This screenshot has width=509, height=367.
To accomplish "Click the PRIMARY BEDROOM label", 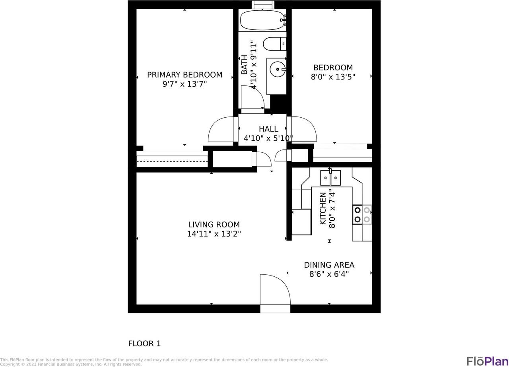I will pyautogui.click(x=185, y=75).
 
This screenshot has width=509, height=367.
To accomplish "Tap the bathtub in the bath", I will pyautogui.click(x=262, y=20).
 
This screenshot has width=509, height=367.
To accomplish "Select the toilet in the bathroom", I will pyautogui.click(x=275, y=44).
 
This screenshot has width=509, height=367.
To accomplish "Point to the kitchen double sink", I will pyautogui.click(x=330, y=178).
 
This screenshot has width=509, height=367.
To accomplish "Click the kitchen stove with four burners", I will pyautogui.click(x=362, y=215).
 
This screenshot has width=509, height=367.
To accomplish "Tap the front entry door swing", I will pyautogui.click(x=274, y=289).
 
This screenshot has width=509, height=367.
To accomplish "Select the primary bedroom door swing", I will pyautogui.click(x=221, y=130).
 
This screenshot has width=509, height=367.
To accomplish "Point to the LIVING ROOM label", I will pyautogui.click(x=214, y=225).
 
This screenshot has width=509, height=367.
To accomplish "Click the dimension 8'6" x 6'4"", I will pyautogui.click(x=329, y=274).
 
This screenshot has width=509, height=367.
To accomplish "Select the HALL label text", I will pyautogui.click(x=268, y=129).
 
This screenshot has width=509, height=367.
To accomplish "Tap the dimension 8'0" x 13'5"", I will pyautogui.click(x=333, y=77).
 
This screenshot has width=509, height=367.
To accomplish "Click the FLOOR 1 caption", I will pyautogui.click(x=144, y=344).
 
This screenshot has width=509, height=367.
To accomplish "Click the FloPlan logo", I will pyautogui.click(x=487, y=361).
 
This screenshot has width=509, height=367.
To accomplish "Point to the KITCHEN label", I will pyautogui.click(x=323, y=208).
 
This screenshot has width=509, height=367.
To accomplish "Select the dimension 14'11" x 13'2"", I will pyautogui.click(x=214, y=234).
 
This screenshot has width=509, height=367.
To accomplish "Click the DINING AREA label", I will pyautogui.click(x=329, y=265).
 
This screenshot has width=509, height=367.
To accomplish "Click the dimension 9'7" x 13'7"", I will pyautogui.click(x=185, y=84).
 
